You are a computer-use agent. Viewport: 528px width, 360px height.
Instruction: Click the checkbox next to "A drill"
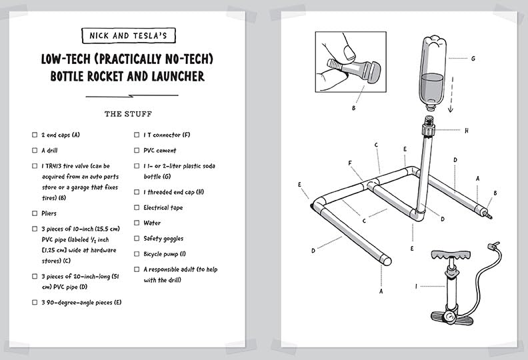35,151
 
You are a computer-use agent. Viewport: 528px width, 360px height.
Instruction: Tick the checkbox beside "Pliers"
35,213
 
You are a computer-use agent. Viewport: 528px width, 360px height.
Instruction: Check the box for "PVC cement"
137,151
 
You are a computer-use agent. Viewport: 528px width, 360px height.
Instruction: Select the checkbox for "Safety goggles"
137,239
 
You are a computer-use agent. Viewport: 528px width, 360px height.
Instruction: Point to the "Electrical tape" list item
163,208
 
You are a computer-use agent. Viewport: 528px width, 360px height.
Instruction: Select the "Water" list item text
152,223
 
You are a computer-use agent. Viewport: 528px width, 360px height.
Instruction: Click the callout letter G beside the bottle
473,59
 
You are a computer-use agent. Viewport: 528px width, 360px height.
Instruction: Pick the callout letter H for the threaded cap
466,131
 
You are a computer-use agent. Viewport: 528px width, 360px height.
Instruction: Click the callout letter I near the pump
417,287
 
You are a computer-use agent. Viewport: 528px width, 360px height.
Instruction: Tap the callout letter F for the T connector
349,163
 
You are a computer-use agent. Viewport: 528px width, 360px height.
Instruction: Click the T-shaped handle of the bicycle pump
453,257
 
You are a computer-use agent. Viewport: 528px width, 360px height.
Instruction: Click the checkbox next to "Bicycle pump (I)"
137,254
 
